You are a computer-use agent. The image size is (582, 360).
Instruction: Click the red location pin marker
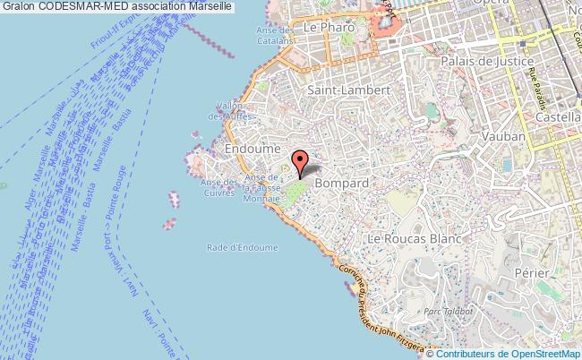coord(300,162)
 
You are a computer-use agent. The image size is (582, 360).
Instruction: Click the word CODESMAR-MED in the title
coord(77,6)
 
